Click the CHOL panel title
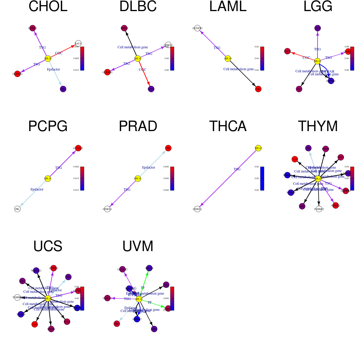48,7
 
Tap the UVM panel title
138,246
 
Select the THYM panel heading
318,126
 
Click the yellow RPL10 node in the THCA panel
258,148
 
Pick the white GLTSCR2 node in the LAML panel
197,28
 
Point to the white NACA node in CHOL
78,43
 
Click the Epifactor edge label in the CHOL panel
53,69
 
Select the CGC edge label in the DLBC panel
142,70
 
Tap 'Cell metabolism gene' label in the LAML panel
238,69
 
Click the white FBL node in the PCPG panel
17,209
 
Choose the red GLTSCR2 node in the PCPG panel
78,148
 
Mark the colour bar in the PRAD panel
172,178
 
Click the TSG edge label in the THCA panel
237,169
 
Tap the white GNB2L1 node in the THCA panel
197,209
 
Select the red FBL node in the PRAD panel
168,148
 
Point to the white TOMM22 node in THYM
319,209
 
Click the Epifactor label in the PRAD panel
148,167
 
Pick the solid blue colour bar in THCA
262,178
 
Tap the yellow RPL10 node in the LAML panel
228,58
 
